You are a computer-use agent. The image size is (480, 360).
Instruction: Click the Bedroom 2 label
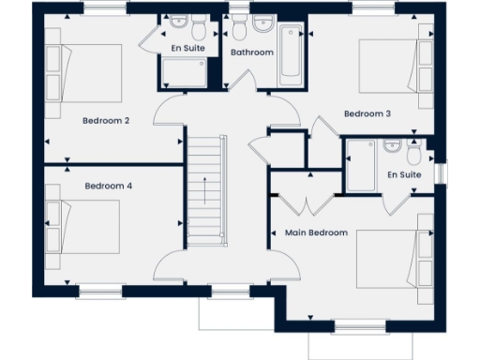pos(105,120)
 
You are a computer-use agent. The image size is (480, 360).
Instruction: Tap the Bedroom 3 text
pos(367,113)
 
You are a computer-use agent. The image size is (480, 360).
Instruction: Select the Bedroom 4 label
pos(108,187)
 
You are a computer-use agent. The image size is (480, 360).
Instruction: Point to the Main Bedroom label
pos(316,232)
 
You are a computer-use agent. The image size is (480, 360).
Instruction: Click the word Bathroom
pos(252,52)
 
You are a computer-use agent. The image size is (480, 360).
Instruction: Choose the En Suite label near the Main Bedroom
pos(404,174)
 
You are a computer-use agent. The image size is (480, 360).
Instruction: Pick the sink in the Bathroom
pos(262,22)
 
